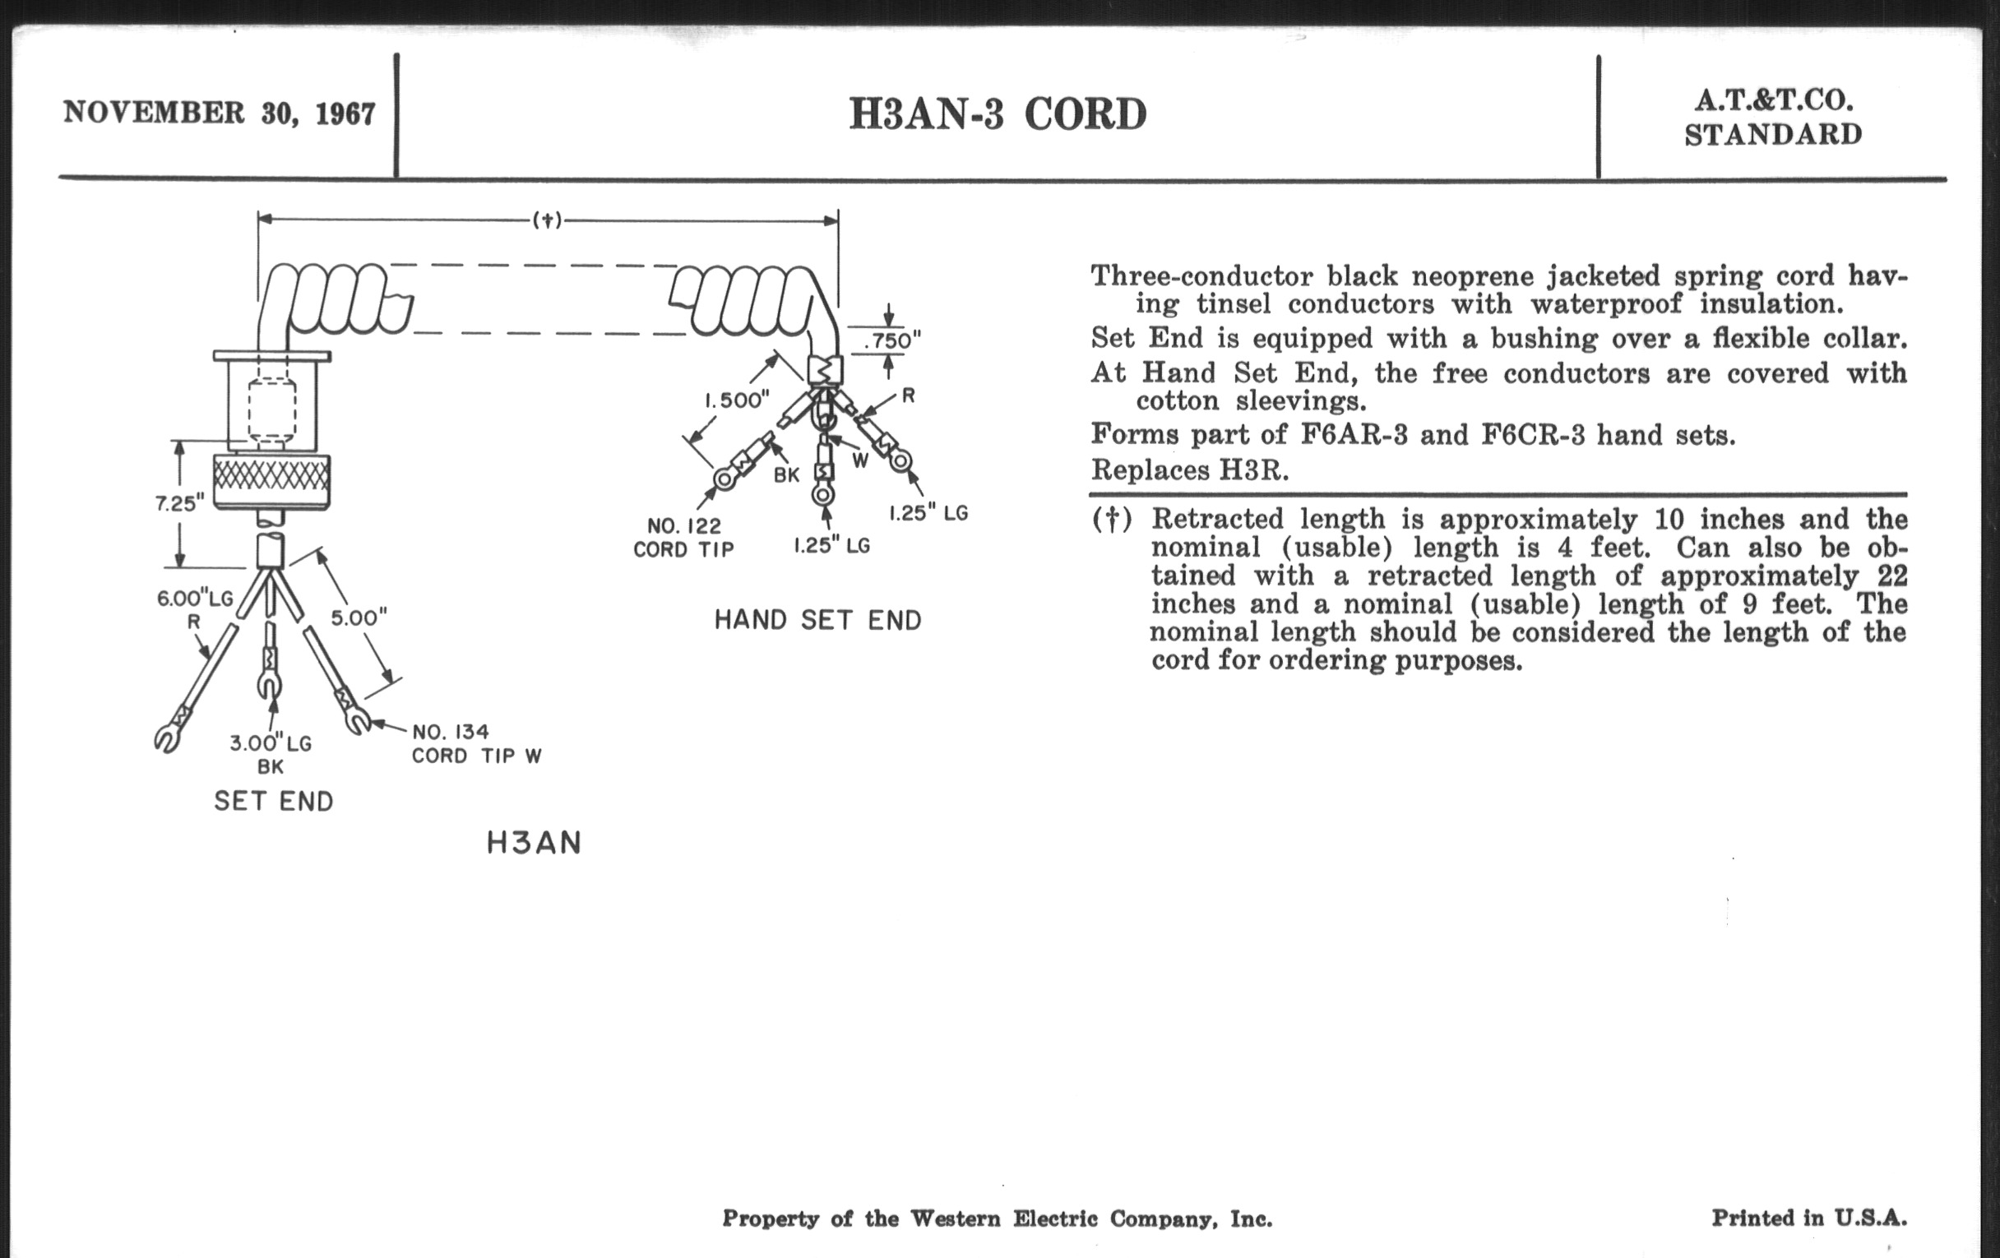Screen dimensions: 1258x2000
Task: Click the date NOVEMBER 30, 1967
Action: pyautogui.click(x=220, y=113)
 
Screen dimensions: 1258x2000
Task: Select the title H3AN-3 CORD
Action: pyautogui.click(x=997, y=114)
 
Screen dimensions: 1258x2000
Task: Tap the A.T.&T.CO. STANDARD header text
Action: pyautogui.click(x=1773, y=117)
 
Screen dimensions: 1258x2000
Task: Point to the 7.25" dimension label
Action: pyautogui.click(x=179, y=503)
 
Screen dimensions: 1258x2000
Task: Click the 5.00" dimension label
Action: pyautogui.click(x=359, y=617)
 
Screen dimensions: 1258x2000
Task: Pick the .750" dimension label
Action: pyautogui.click(x=892, y=340)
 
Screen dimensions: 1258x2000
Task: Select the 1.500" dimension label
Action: pyautogui.click(x=738, y=400)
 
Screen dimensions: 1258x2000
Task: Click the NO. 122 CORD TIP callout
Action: pyautogui.click(x=683, y=537)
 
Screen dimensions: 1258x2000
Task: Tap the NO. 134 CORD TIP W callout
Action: pyautogui.click(x=476, y=743)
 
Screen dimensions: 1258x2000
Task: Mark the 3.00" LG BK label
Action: pyautogui.click(x=271, y=754)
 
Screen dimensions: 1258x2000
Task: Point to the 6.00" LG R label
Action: pyautogui.click(x=194, y=608)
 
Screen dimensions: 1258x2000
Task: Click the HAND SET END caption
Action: pyautogui.click(x=817, y=620)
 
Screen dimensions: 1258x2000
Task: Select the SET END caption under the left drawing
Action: pyautogui.click(x=273, y=802)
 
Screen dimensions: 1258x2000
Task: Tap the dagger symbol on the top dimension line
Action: pyautogui.click(x=548, y=220)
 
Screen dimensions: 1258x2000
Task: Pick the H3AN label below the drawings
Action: pyautogui.click(x=533, y=844)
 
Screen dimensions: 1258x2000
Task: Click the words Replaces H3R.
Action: pyautogui.click(x=1189, y=471)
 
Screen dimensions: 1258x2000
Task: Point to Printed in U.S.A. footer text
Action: pyautogui.click(x=1809, y=1219)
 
